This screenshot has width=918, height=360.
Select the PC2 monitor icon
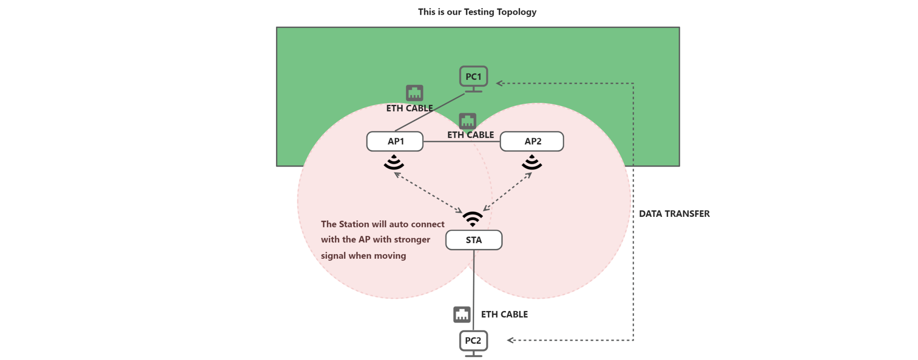(473, 343)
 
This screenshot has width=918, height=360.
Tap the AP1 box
(395, 142)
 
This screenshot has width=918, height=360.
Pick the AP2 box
(532, 142)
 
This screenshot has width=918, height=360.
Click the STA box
(474, 240)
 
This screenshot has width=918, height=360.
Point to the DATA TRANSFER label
(674, 214)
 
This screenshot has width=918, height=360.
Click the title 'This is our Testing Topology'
(477, 12)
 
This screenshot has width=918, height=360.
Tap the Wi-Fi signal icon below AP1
(394, 162)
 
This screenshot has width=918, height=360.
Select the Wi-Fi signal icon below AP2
(532, 162)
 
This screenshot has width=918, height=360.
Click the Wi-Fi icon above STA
(473, 219)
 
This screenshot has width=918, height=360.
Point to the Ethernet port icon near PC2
(462, 315)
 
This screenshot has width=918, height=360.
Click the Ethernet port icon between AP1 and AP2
(468, 121)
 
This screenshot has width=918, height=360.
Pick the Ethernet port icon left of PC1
(415, 93)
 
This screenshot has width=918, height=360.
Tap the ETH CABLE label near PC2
(504, 314)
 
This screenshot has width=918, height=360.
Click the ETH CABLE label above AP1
(409, 108)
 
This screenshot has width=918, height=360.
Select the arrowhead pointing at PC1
(499, 83)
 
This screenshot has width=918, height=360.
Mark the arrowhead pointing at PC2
(510, 340)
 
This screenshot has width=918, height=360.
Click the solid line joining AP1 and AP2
(461, 142)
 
